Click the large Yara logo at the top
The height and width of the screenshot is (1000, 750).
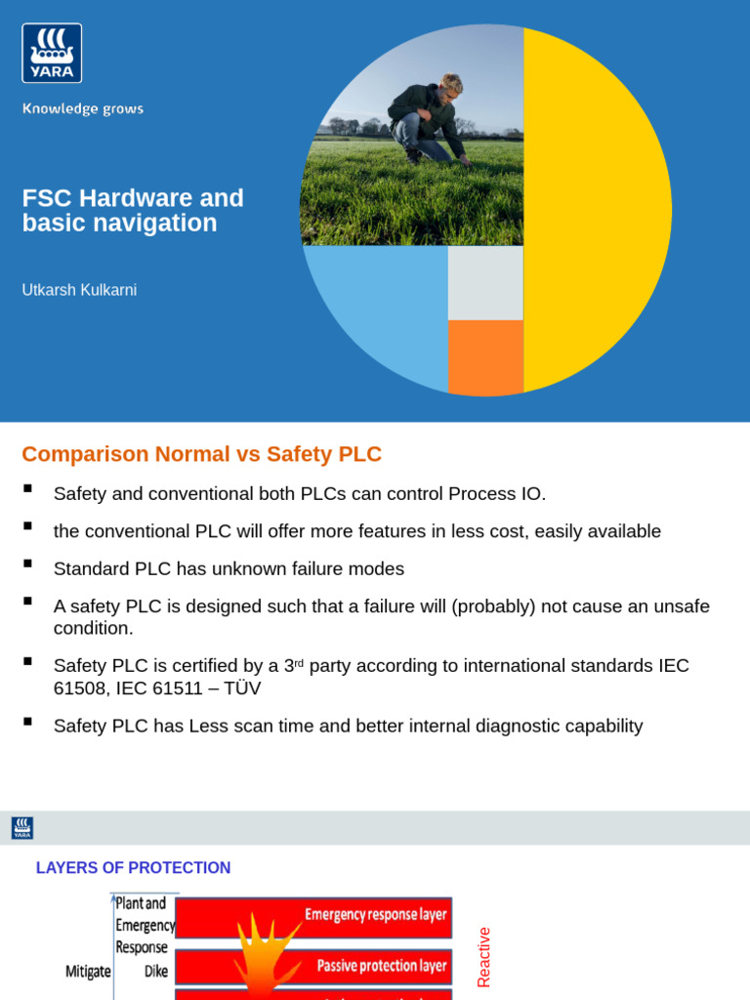(x=52, y=53)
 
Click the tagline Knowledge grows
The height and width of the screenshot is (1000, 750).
(x=83, y=108)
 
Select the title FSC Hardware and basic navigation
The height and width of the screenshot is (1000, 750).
(x=133, y=210)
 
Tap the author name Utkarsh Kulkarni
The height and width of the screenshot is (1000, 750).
(x=79, y=290)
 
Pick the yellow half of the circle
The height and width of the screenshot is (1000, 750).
(x=596, y=210)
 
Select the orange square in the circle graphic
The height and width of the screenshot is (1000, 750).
(x=485, y=356)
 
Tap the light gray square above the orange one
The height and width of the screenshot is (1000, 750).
(x=485, y=283)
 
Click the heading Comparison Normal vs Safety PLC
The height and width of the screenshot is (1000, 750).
(x=201, y=454)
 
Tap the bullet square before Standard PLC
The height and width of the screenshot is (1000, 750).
(x=27, y=563)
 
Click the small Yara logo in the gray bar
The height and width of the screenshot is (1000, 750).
(x=22, y=828)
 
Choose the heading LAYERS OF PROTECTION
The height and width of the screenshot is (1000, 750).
(x=133, y=868)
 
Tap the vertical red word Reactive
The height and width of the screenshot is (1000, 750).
(x=483, y=957)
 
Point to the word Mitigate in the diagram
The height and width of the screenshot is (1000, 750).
(x=88, y=972)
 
